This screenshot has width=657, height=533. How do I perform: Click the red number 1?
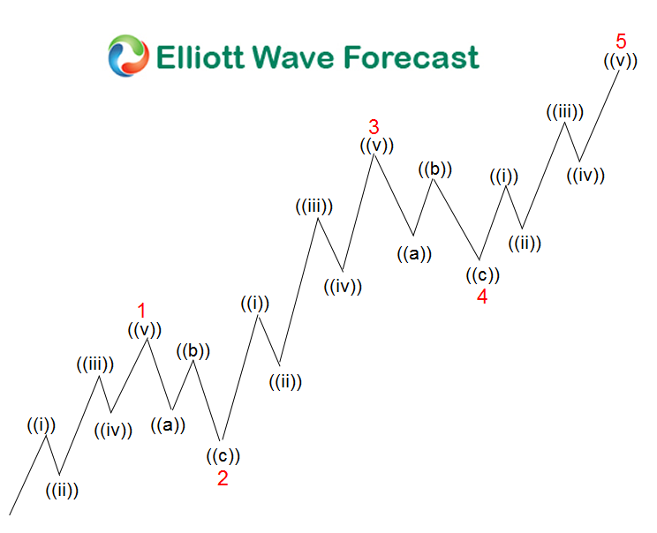pyautogui.click(x=141, y=311)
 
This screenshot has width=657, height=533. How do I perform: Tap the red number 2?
pyautogui.click(x=223, y=477)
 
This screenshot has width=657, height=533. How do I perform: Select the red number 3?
pyautogui.click(x=374, y=126)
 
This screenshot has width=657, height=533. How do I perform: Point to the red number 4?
pyautogui.click(x=482, y=296)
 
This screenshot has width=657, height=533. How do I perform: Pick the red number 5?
pyautogui.click(x=622, y=41)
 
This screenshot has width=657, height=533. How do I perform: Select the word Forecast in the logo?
pyautogui.click(x=411, y=57)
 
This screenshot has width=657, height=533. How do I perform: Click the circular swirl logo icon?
pyautogui.click(x=128, y=56)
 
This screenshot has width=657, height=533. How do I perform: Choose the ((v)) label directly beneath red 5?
pyautogui.click(x=621, y=61)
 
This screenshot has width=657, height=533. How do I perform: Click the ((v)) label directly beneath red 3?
pyautogui.click(x=376, y=146)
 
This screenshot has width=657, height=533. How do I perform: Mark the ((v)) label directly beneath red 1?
pyautogui.click(x=144, y=330)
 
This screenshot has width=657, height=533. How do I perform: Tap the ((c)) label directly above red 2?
pyautogui.click(x=223, y=456)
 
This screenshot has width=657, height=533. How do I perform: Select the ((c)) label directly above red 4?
pyautogui.click(x=482, y=274)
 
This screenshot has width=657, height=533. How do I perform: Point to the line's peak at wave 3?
pyautogui.click(x=374, y=155)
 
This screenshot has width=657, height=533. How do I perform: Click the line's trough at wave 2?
pyautogui.click(x=221, y=440)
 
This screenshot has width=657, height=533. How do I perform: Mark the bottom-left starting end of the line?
pyautogui.click(x=11, y=514)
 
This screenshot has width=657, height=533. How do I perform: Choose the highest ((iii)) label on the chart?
pyautogui.click(x=564, y=112)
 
